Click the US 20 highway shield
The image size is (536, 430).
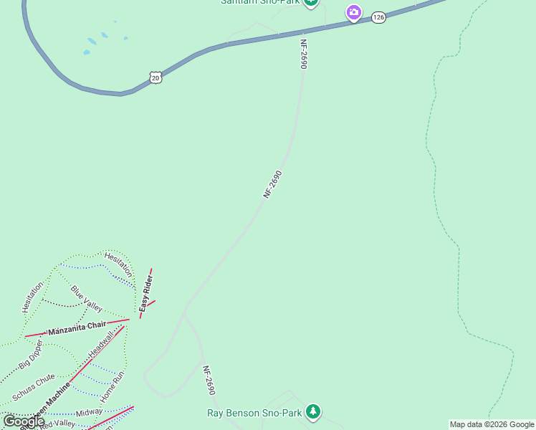156,77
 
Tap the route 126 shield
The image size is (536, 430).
378,16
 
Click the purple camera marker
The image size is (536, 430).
353,12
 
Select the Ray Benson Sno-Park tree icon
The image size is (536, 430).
312,411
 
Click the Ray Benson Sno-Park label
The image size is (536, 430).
254,413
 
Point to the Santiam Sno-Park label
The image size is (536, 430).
259,2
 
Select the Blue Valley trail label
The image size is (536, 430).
87,297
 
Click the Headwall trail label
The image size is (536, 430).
102,345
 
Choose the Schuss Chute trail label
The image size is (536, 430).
33,388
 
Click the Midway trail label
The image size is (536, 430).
89,413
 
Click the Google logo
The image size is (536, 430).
23,421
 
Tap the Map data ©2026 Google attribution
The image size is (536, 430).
492,424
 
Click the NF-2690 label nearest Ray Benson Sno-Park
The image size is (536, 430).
209,381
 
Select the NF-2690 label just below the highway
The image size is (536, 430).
304,54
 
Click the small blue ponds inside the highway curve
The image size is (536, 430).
99,42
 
